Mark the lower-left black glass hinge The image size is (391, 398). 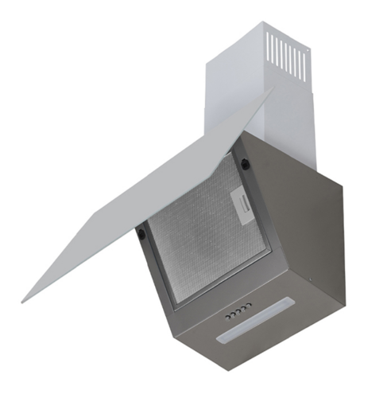141,234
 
